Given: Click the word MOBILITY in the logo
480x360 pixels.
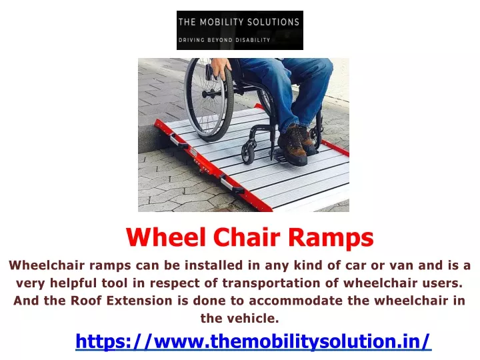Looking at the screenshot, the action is coord(221,22).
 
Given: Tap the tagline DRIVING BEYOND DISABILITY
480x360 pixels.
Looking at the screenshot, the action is coord(225,40).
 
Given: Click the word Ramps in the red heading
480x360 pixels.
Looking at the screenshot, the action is coord(331,238).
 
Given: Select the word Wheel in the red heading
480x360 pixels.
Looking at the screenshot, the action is coord(165,237).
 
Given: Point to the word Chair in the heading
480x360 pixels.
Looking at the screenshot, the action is coord(247,237).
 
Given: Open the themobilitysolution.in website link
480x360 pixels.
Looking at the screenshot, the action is coord(253,341).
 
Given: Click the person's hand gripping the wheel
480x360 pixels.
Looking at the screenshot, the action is coord(221,69).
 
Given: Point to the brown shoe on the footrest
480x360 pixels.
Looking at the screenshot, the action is coord(293,144).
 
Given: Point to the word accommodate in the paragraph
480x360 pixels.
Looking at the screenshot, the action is coord(295,301).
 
